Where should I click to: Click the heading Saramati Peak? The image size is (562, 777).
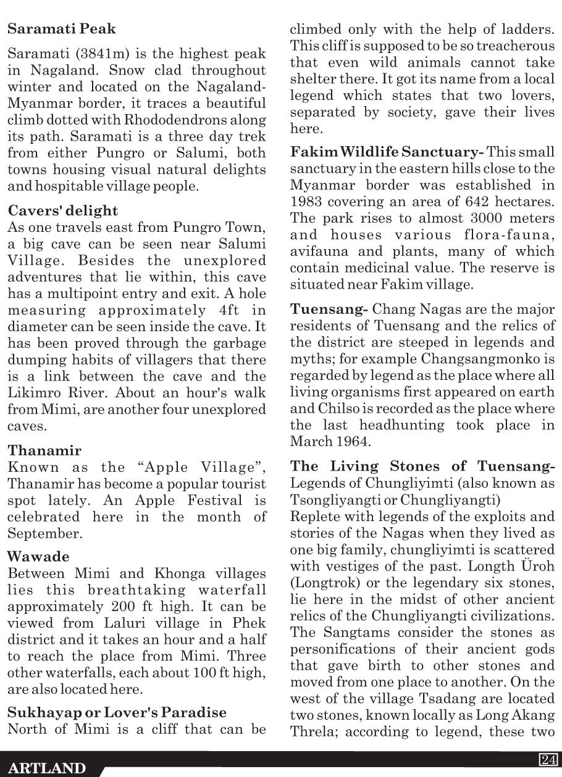click(62, 29)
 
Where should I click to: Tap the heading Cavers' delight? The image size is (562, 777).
click(63, 211)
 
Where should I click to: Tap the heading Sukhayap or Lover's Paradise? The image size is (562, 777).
click(117, 713)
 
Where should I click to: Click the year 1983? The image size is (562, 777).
click(309, 202)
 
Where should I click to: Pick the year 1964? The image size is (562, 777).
click(350, 442)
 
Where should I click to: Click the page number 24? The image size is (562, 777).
click(547, 759)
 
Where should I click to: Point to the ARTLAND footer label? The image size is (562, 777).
click(47, 768)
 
